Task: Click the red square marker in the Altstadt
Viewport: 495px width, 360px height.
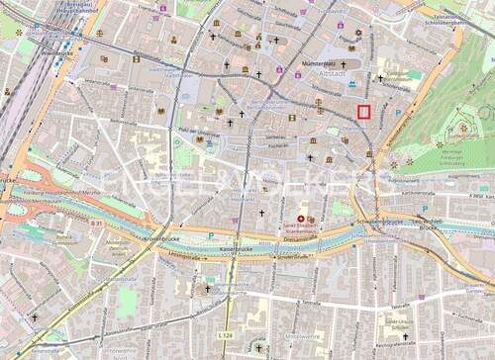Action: [x=363, y=112]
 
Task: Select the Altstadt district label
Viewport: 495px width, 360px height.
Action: [x=336, y=72]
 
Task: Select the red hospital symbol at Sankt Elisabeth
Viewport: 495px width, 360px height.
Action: [x=302, y=219]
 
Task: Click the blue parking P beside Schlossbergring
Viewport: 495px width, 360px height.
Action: [x=398, y=113]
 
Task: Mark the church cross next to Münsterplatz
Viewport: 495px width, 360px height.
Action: [x=343, y=62]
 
